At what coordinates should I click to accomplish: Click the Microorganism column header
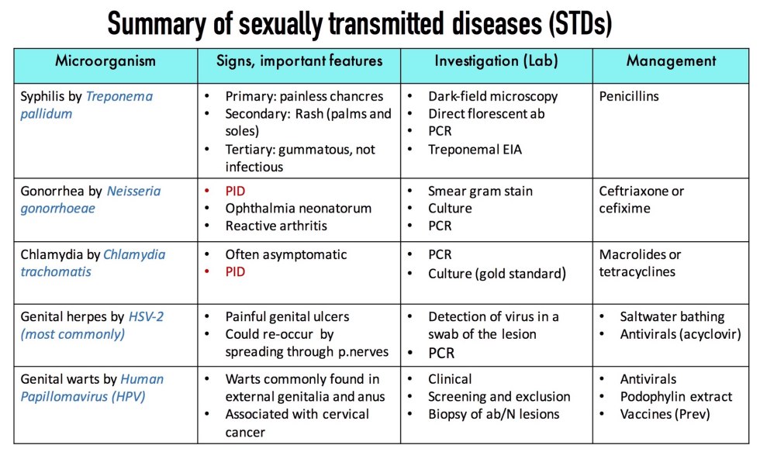(105, 60)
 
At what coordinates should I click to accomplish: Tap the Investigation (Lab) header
(496, 60)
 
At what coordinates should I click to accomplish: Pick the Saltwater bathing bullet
(672, 316)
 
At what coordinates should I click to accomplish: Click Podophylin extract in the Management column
(675, 396)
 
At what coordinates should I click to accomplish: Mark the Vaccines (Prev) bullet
(665, 413)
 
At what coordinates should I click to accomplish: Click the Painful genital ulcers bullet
(287, 316)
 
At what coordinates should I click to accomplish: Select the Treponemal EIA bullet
(475, 150)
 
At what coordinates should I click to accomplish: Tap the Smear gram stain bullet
(480, 191)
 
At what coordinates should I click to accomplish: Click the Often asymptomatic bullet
(285, 254)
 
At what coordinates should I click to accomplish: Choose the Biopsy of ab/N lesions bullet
(493, 413)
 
